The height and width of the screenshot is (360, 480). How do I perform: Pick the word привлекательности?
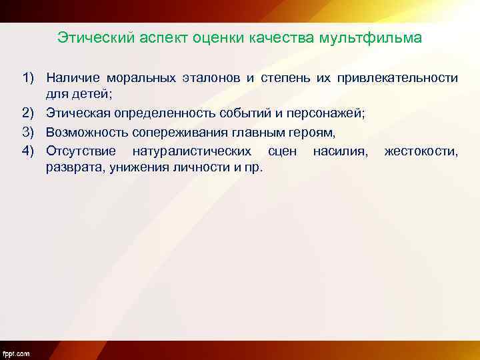[x=397, y=78]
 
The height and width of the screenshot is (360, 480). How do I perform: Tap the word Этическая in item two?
[x=79, y=114]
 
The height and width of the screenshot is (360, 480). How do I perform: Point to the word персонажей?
[x=327, y=114]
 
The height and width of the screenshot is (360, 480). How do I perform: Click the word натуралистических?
[x=193, y=151]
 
